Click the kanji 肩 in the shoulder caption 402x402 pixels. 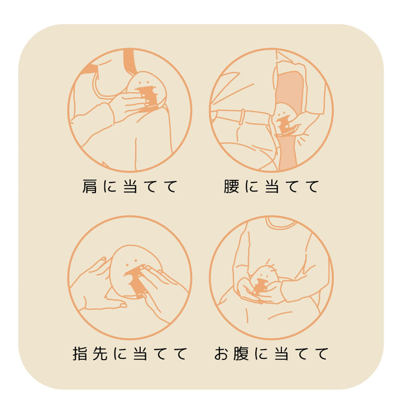[x=89, y=186]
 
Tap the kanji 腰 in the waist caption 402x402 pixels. [x=231, y=186]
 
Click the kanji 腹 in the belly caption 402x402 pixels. [x=241, y=353]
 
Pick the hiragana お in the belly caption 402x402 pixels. [x=222, y=353]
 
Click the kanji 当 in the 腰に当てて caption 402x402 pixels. [x=271, y=186]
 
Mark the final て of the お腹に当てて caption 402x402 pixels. [x=321, y=353]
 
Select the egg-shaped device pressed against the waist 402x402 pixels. [x=285, y=120]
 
